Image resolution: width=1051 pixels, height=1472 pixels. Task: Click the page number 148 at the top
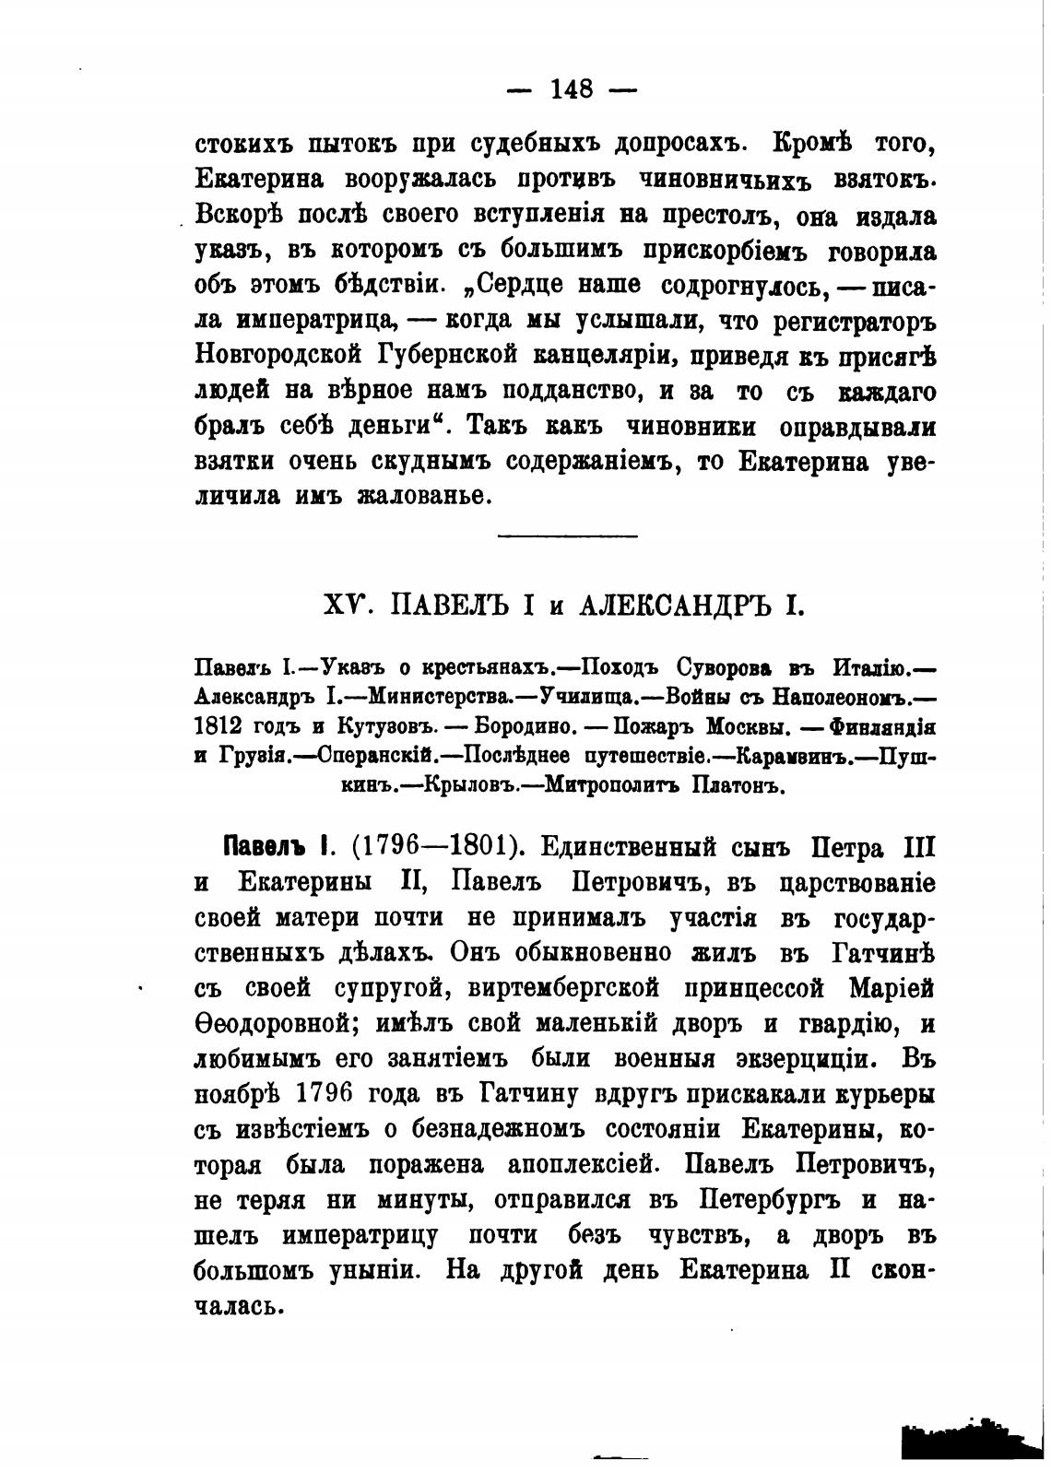click(572, 89)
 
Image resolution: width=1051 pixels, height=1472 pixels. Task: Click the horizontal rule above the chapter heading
click(567, 536)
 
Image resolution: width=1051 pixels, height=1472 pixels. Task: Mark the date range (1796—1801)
click(428, 847)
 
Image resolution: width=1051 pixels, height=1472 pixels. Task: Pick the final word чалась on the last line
click(236, 1306)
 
